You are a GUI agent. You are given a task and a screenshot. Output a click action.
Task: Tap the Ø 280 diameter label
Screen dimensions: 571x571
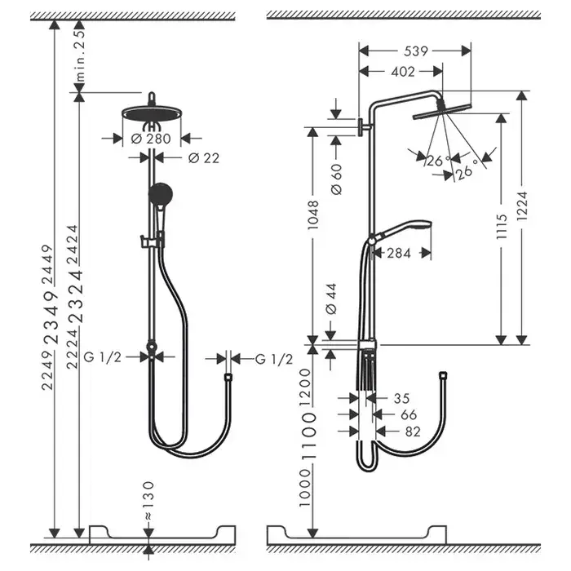150,139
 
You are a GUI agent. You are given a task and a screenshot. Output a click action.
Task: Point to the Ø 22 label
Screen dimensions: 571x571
204,158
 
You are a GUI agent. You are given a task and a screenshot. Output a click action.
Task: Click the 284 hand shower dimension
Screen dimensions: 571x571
398,254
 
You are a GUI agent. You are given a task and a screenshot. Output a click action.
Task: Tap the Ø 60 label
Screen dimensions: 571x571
337,178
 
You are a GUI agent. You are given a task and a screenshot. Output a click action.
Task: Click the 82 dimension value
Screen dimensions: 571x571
412,432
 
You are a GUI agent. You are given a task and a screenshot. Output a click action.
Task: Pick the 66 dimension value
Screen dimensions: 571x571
408,415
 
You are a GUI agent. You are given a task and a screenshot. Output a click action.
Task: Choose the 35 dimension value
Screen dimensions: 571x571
400,399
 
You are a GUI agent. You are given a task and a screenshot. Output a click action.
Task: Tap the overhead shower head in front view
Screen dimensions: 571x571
150,112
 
